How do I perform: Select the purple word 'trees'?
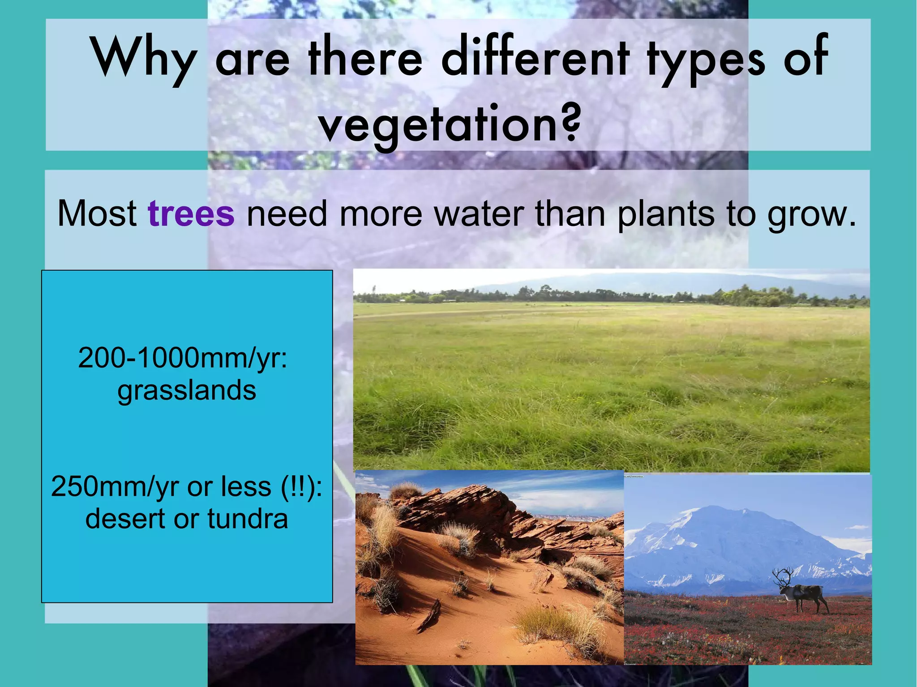point(191,213)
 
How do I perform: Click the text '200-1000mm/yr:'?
point(183,358)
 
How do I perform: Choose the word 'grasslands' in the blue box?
point(187,390)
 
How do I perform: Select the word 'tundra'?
point(247,519)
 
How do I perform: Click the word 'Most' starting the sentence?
point(97,213)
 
